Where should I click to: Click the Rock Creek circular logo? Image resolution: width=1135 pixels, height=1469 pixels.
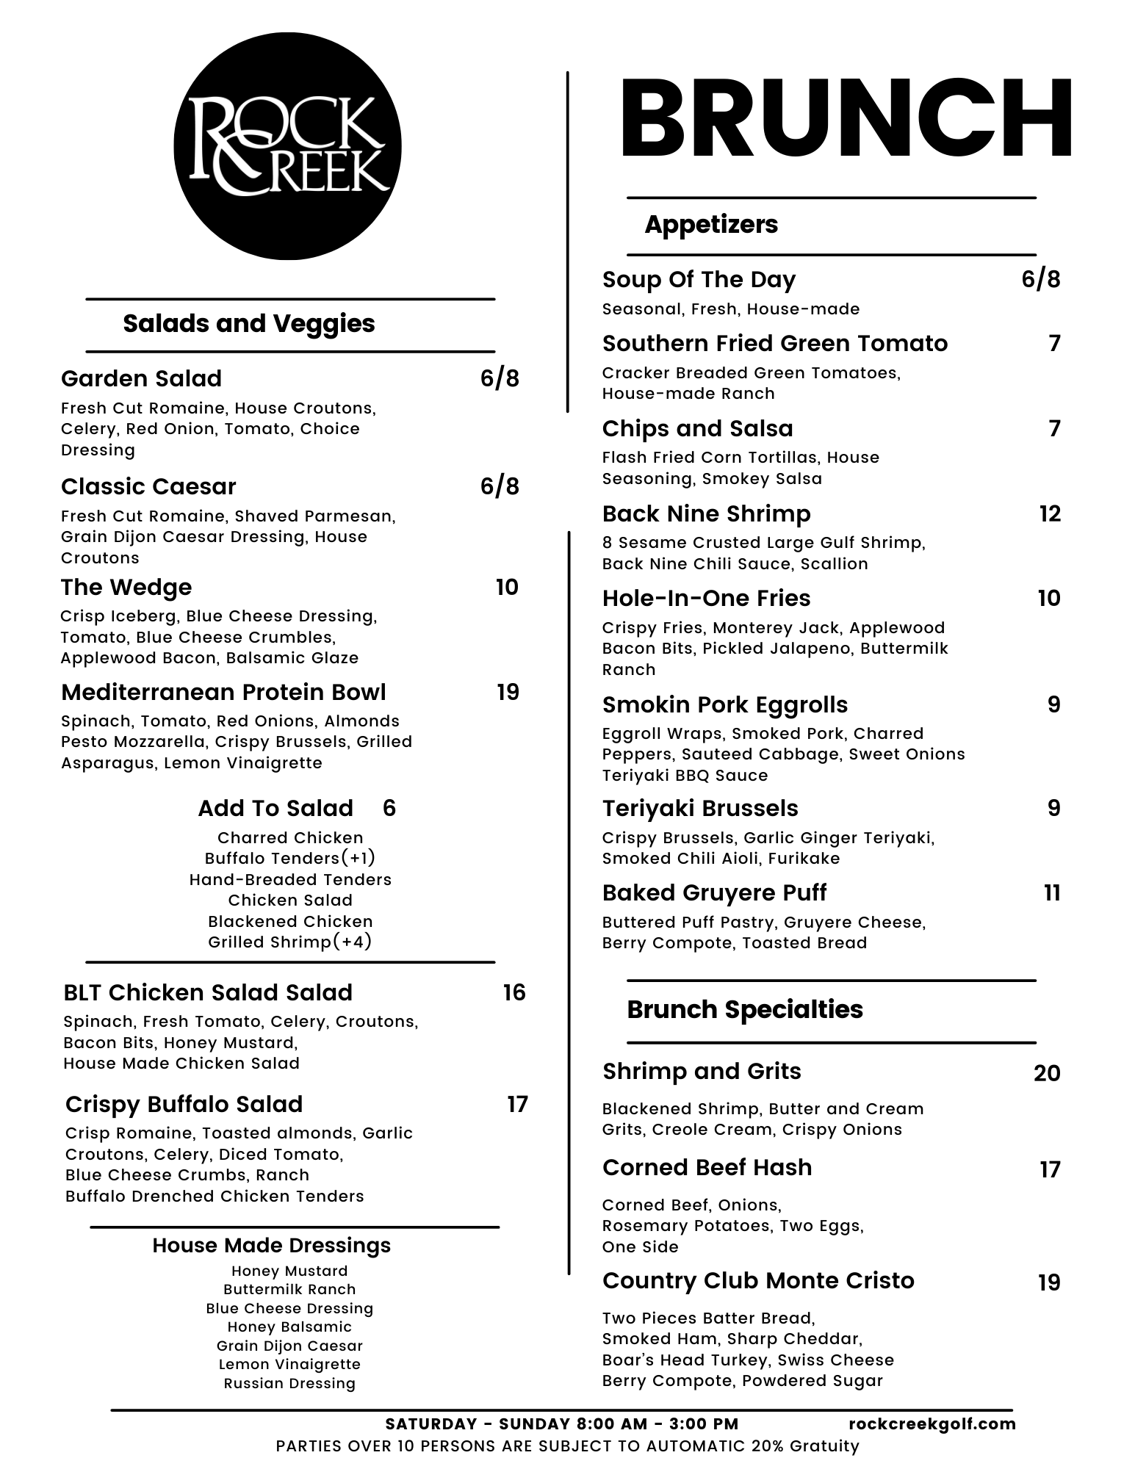(287, 146)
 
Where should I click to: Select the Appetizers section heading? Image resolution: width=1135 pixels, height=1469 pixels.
(710, 225)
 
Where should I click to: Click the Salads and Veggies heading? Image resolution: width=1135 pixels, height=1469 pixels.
(248, 324)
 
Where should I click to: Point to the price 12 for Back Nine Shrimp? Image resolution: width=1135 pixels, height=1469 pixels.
(1050, 514)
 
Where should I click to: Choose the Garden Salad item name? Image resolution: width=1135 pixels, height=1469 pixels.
(141, 379)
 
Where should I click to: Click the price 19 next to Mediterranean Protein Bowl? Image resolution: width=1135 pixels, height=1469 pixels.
(508, 693)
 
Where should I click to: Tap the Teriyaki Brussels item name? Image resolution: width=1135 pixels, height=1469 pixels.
(699, 809)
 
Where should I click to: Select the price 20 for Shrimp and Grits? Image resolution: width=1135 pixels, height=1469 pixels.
(1047, 1074)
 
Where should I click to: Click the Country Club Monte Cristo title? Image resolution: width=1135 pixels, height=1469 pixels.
(758, 1281)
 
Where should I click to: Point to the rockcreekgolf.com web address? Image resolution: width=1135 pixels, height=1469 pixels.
(932, 1424)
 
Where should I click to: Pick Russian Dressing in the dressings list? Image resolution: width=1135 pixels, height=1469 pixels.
(289, 1384)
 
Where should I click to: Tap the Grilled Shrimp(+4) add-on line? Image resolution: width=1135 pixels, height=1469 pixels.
(289, 942)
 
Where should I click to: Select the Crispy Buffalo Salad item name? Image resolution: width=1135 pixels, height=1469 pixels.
(184, 1105)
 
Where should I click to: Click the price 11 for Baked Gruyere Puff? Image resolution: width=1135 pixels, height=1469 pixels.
(1052, 893)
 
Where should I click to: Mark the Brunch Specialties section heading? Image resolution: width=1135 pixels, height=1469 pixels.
(744, 1010)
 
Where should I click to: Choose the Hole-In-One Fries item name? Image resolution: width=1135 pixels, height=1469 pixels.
(706, 599)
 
